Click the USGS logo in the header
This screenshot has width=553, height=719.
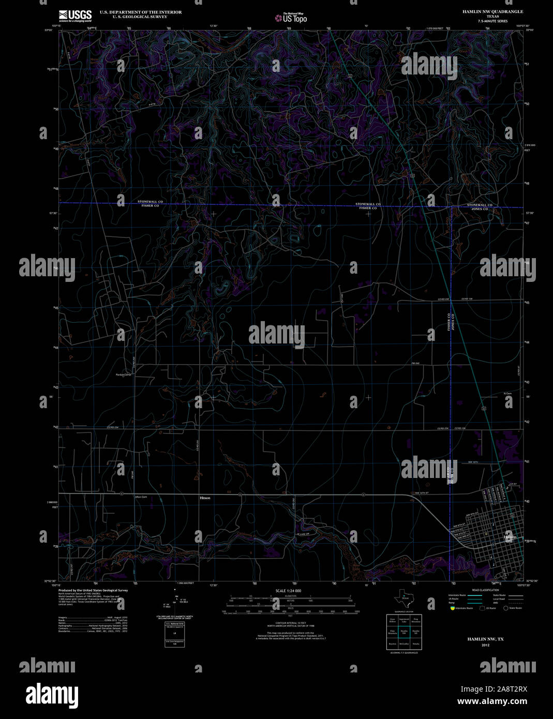click(75, 16)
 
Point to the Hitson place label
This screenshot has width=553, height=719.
click(205, 498)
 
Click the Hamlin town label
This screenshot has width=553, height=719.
click(510, 537)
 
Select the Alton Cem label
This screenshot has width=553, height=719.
click(141, 497)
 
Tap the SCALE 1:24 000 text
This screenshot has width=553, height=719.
click(288, 591)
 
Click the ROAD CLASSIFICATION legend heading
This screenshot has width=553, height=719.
click(485, 590)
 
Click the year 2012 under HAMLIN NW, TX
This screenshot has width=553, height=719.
click(485, 645)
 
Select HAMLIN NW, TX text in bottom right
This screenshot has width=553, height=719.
click(485, 639)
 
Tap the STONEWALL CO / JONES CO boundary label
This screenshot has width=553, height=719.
click(479, 207)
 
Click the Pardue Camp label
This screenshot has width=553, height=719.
click(124, 375)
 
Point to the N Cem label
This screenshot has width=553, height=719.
click(507, 394)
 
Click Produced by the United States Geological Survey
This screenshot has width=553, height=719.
click(93, 590)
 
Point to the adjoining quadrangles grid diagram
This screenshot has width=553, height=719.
click(404, 632)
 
